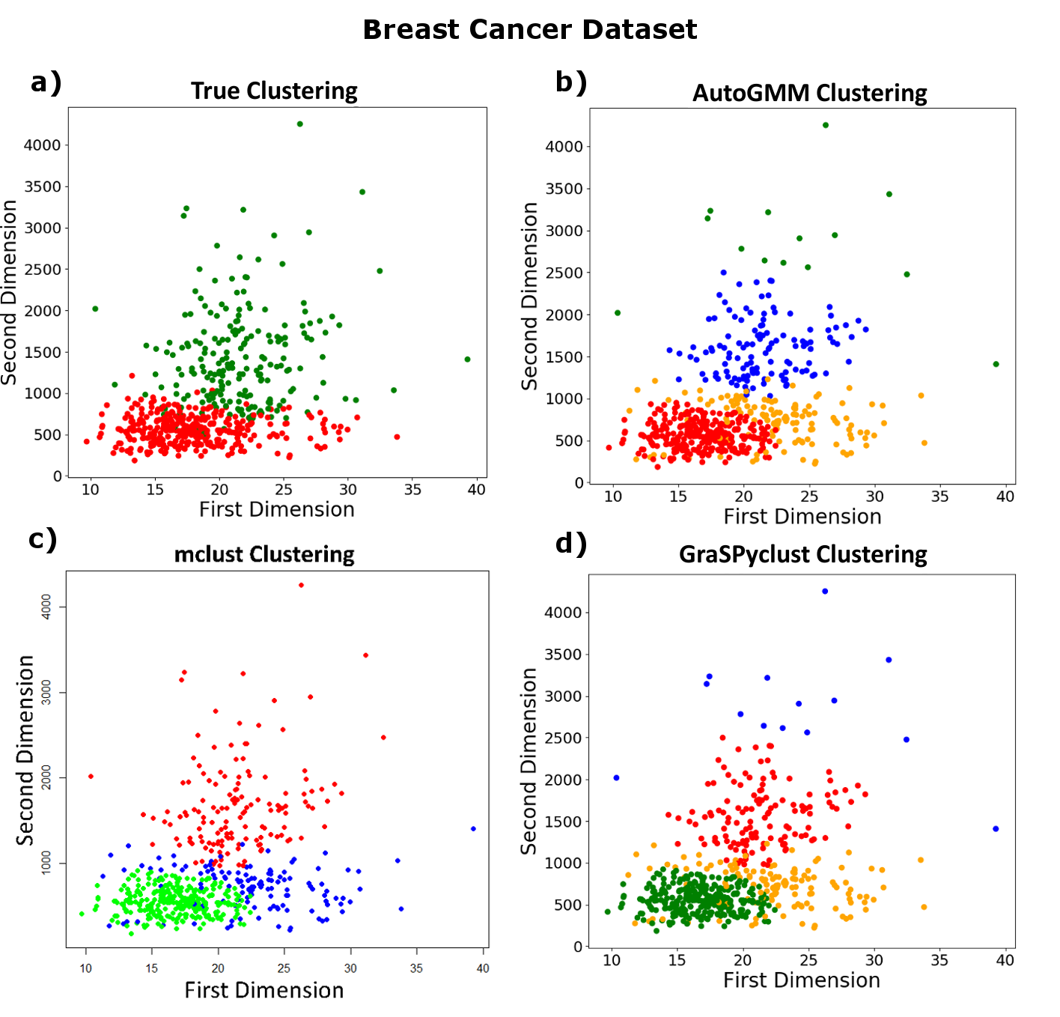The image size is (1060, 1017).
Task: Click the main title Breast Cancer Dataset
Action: click(529, 30)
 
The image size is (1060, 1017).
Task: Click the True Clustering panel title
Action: click(274, 91)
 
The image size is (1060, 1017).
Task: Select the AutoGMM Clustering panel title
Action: click(809, 93)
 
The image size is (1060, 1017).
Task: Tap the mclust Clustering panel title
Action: click(264, 554)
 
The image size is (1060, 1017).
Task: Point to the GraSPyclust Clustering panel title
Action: click(802, 554)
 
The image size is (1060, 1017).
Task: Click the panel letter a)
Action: click(46, 82)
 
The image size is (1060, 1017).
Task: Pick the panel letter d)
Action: click(571, 543)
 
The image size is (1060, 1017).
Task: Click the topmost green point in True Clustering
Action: click(300, 124)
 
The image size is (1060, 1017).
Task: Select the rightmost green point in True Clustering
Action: click(468, 359)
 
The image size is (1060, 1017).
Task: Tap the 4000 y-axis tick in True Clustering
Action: click(42, 145)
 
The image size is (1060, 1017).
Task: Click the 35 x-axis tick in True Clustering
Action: click(412, 490)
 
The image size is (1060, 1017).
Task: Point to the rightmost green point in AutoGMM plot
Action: click(996, 365)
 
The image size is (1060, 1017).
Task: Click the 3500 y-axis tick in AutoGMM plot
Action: click(564, 189)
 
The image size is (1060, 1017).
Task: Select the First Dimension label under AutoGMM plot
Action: click(802, 517)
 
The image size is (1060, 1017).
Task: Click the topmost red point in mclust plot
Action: click(302, 585)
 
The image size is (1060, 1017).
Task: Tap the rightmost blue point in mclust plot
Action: click(473, 829)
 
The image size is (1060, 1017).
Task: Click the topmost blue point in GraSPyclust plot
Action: click(825, 592)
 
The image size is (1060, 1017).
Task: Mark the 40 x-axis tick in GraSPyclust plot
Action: click(1005, 960)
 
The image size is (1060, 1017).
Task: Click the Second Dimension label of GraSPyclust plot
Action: click(529, 761)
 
